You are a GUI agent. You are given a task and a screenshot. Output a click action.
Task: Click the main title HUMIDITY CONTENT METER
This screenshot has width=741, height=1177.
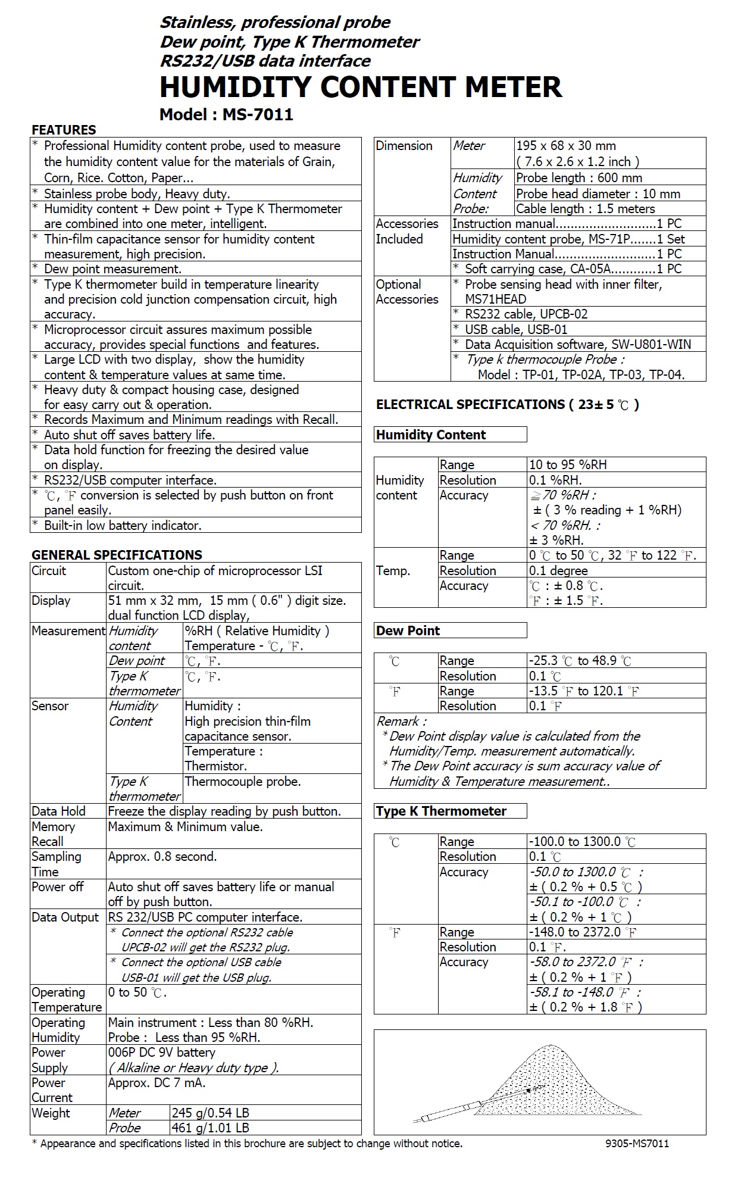coord(360,87)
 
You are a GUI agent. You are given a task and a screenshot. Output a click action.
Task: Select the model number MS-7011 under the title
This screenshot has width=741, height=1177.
coord(258,114)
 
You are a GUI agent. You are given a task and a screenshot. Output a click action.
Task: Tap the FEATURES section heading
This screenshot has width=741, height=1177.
coord(64,130)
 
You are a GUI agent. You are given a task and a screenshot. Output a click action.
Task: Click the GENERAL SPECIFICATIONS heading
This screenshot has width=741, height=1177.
coord(117,555)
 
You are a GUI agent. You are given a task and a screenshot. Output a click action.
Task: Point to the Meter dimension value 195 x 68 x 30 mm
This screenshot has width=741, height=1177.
coord(565,146)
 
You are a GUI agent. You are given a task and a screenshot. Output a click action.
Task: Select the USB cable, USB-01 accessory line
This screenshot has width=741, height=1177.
coord(515,329)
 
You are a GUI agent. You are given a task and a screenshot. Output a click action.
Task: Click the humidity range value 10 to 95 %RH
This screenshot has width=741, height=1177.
coord(568,465)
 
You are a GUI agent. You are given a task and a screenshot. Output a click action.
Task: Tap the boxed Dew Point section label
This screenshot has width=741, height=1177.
coord(408,630)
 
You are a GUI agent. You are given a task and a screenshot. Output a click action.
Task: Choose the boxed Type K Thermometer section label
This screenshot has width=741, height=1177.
coord(441,811)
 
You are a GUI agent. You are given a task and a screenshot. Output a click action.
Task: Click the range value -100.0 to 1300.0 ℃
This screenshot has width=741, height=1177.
coord(582,842)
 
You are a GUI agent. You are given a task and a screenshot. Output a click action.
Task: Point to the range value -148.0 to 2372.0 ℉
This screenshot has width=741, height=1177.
coord(583,932)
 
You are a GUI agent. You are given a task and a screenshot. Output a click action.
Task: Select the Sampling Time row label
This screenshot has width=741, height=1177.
coord(57,864)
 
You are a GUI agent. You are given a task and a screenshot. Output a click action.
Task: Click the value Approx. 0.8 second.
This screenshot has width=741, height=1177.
coord(162,857)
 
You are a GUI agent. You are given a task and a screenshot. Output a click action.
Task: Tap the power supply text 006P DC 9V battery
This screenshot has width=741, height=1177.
coord(161,1053)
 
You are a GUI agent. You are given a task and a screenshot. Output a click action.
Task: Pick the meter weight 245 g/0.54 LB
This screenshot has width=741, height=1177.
coord(210,1113)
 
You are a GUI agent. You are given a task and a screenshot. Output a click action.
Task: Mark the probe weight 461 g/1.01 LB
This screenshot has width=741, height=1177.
coord(210,1128)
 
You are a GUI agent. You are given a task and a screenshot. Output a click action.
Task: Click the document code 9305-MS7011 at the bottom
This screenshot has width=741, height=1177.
coord(637,1144)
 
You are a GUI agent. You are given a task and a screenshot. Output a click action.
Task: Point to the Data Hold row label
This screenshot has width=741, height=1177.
coord(58,811)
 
